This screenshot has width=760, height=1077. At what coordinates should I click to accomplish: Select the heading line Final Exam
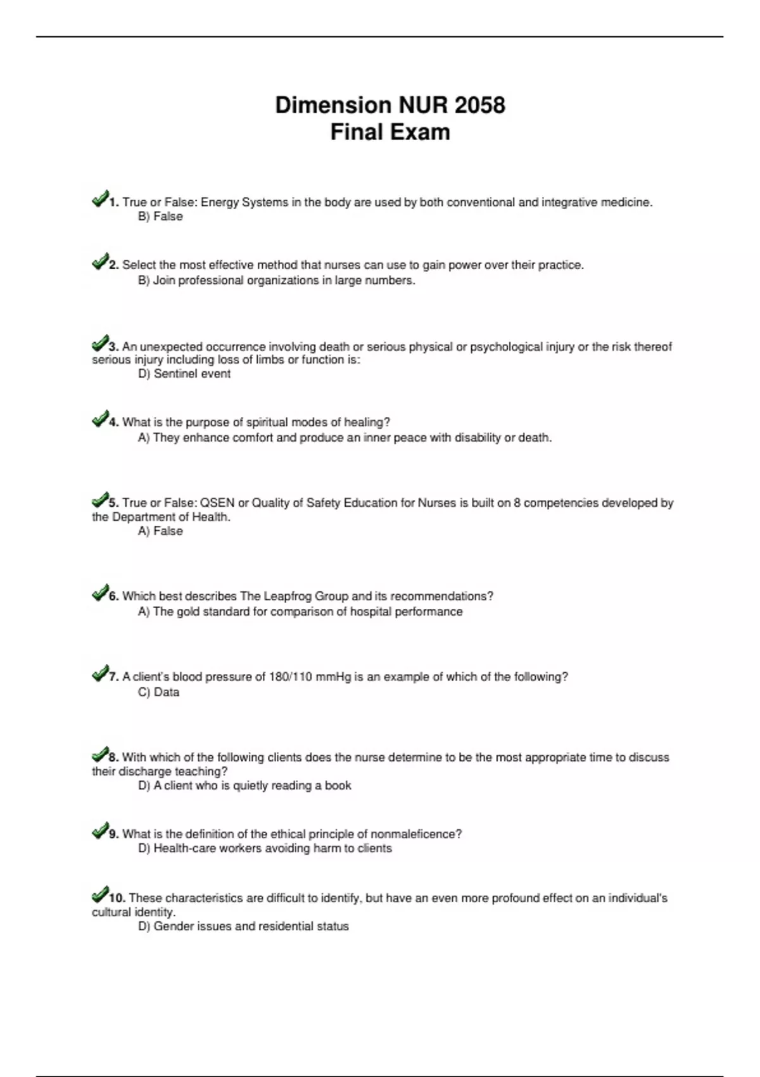coord(390,132)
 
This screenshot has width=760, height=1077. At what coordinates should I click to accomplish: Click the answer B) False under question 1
coord(160,217)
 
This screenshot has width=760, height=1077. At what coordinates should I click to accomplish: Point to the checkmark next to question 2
coord(99,262)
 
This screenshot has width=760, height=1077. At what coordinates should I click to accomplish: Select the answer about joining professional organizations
coord(277,281)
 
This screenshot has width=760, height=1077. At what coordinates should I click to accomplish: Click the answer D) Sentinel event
coord(184,374)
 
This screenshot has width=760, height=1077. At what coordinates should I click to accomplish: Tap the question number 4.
coord(114,423)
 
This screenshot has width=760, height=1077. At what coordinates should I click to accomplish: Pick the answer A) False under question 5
coord(160,532)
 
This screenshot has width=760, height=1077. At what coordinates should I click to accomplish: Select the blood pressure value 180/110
coord(291,677)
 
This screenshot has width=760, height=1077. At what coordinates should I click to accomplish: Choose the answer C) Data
coord(159,692)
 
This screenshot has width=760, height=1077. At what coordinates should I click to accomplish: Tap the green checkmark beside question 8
coord(99,755)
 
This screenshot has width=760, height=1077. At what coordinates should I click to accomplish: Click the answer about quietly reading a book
coord(244,786)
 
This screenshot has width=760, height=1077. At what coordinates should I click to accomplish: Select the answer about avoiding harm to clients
coord(265,848)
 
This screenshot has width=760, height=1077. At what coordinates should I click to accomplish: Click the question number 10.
coord(117,898)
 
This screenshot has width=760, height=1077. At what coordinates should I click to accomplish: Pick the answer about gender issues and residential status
coord(243,926)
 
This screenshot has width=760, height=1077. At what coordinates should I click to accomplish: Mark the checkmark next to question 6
coord(99,594)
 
